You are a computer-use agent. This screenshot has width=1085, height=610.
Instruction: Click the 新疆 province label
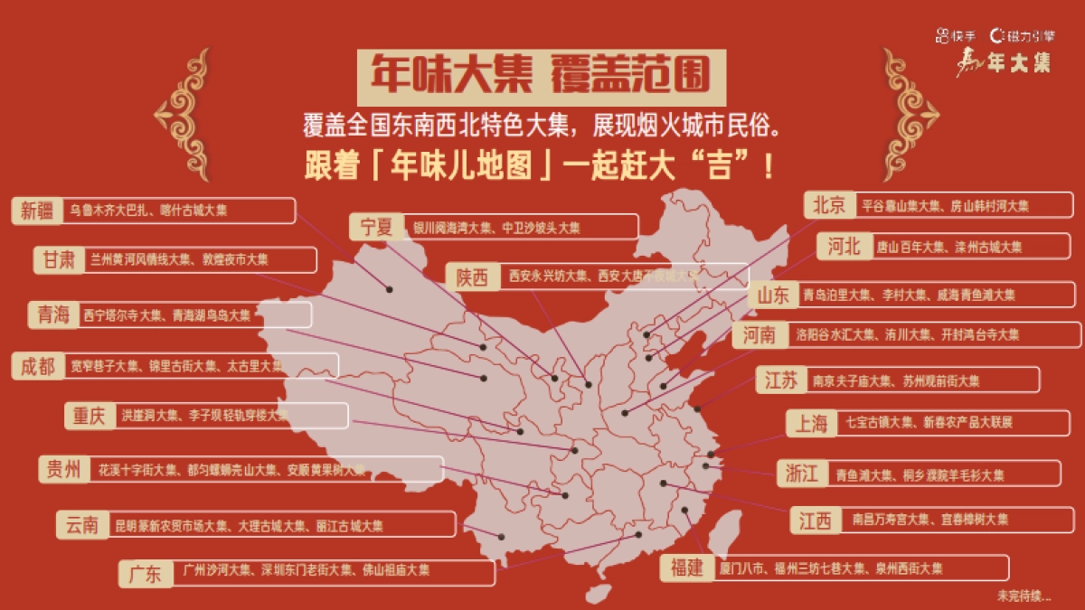(37, 211)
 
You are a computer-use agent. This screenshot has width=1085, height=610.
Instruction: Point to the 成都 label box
(39, 366)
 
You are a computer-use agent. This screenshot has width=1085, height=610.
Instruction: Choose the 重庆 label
(90, 416)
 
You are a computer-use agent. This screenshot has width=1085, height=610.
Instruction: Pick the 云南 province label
(82, 525)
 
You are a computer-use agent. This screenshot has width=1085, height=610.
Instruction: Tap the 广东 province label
(145, 573)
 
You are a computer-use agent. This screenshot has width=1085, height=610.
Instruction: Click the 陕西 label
(472, 277)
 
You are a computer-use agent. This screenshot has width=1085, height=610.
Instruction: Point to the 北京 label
(829, 205)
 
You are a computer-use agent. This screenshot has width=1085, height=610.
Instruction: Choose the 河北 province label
(844, 246)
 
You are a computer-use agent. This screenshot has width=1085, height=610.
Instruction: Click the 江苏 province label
(781, 380)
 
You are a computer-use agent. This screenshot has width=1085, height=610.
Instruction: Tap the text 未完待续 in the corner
(1024, 596)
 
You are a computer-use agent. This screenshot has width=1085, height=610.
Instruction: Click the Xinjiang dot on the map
(390, 289)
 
